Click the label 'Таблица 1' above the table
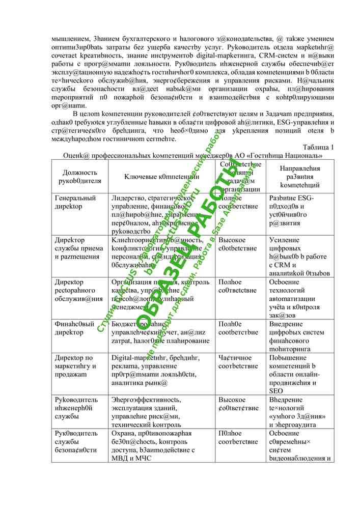click(x=318, y=147)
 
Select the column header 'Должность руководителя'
click(x=76, y=176)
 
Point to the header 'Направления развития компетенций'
click(x=300, y=176)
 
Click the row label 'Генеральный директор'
click(x=75, y=202)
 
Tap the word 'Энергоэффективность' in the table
click(x=146, y=400)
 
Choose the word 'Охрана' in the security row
click(x=123, y=433)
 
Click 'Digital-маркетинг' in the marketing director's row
click(x=136, y=357)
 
